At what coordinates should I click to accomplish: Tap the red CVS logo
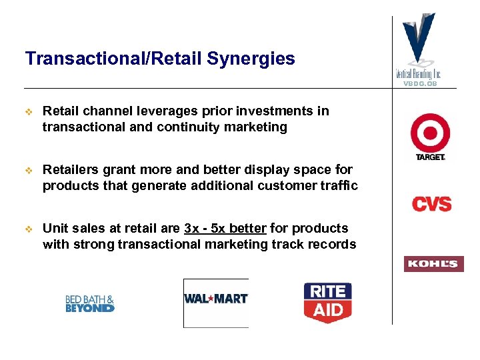point(431,203)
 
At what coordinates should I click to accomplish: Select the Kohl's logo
point(433,264)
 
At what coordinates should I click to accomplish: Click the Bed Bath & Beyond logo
point(90,304)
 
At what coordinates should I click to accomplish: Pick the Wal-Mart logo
point(215,299)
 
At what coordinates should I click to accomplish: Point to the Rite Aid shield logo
point(327,301)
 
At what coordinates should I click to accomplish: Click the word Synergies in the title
point(251,59)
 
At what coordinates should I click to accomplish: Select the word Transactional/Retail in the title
point(113,59)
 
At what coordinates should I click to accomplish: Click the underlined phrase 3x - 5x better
point(225,229)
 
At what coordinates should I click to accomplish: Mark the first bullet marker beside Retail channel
point(29,111)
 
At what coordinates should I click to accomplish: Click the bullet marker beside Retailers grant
point(29,170)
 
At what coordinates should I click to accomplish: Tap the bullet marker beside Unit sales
point(29,229)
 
